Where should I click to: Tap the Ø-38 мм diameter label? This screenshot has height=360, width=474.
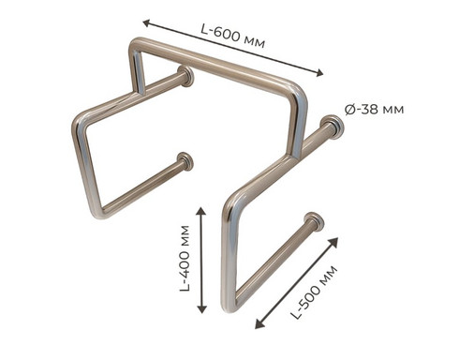375,110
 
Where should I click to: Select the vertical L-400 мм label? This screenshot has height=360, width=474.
185,258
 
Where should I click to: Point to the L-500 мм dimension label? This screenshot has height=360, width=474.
314,292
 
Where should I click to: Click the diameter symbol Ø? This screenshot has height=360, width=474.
350,110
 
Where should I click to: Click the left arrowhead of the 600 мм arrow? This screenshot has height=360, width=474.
147,22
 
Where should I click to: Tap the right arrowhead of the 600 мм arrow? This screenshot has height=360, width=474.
319,73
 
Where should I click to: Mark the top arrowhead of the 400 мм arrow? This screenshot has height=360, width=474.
201,211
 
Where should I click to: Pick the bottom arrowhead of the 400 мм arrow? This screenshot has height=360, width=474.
201,309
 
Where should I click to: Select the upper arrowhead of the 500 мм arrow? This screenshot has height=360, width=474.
334,241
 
